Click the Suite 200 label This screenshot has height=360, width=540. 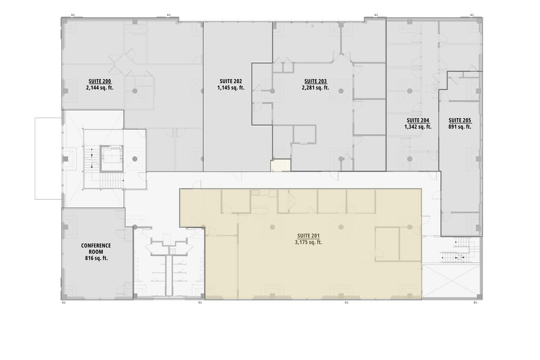(x=99, y=81)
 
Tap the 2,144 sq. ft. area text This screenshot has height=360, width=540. (x=99, y=88)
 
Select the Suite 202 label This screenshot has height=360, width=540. (x=230, y=81)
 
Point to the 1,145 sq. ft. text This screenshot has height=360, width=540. (x=230, y=88)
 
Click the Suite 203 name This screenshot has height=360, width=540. (x=315, y=81)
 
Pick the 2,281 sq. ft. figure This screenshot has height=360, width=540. (x=315, y=88)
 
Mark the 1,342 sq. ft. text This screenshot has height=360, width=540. (x=418, y=127)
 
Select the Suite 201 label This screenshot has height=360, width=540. (x=309, y=236)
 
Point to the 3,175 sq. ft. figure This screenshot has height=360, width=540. (x=309, y=242)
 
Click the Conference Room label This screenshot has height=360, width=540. (x=96, y=249)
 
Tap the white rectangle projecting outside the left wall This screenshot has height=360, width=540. (x=48, y=157)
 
